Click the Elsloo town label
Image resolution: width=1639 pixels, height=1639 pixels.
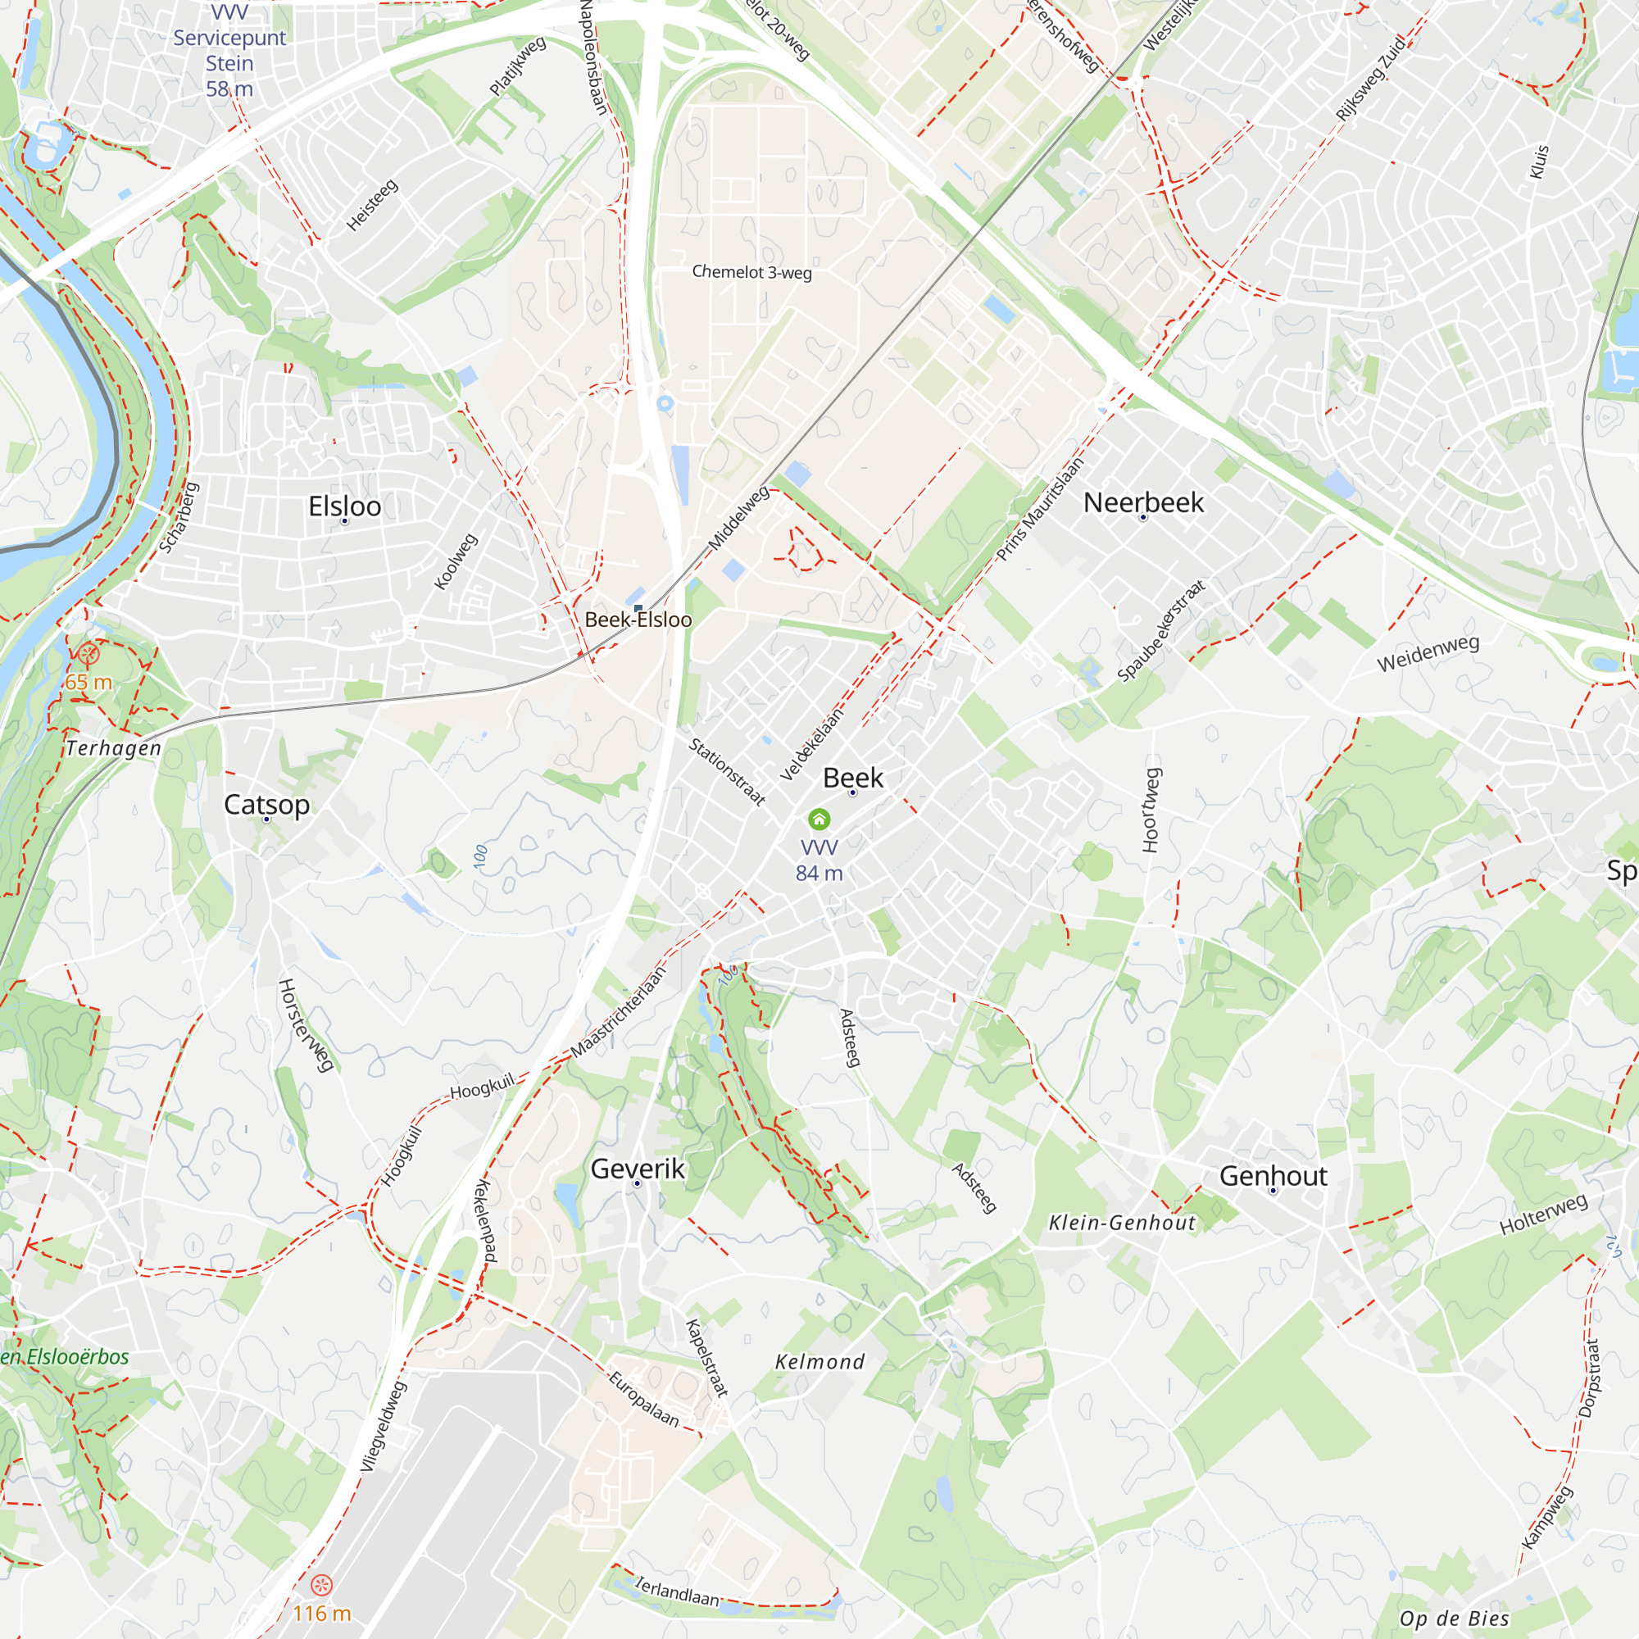click(344, 506)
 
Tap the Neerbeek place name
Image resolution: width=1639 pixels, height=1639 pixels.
click(1142, 502)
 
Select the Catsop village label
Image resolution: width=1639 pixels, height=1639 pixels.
click(266, 804)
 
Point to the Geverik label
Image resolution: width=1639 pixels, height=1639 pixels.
click(637, 1169)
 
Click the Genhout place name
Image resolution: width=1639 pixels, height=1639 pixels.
click(1273, 1176)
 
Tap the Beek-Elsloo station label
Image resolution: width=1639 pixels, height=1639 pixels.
click(638, 620)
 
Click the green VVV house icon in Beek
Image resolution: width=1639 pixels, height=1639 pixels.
click(819, 819)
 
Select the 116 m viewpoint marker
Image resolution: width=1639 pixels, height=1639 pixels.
click(320, 1585)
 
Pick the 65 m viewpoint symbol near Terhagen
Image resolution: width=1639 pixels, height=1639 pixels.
click(89, 654)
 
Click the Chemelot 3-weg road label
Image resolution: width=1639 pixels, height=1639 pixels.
click(751, 272)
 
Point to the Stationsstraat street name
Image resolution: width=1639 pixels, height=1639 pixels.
click(727, 771)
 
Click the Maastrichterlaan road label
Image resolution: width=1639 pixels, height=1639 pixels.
click(618, 1012)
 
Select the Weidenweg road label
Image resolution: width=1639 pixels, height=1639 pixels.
click(1428, 653)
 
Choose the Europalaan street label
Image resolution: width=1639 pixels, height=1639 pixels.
click(644, 1399)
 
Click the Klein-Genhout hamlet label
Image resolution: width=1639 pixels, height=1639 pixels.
click(1122, 1223)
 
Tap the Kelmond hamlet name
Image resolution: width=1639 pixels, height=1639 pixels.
click(819, 1361)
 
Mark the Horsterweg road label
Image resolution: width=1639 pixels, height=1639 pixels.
click(305, 1025)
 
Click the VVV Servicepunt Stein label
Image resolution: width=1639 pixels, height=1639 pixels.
click(229, 51)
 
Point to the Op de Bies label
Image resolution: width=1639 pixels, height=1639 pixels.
click(1454, 1619)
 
